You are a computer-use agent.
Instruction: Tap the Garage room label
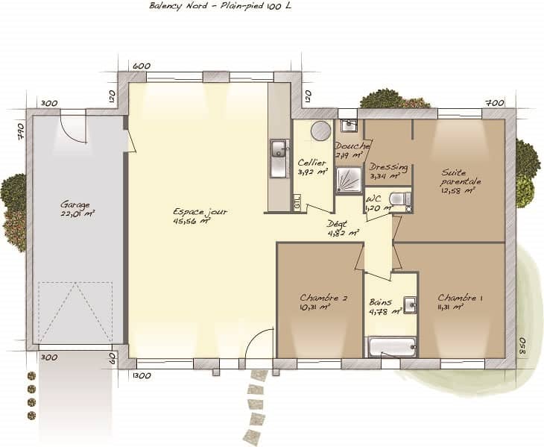[x=76, y=204]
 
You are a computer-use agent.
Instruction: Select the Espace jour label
[x=200, y=212]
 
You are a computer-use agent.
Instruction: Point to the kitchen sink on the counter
[x=279, y=158]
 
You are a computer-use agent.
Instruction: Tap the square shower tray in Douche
[x=348, y=180]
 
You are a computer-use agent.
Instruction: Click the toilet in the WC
[x=399, y=200]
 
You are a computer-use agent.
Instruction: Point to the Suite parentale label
[x=461, y=177]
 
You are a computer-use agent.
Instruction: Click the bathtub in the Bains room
[x=392, y=347]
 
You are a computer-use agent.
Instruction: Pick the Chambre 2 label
[x=323, y=298]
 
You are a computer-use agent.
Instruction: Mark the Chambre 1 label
[x=460, y=298]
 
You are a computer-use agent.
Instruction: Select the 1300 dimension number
[x=142, y=376]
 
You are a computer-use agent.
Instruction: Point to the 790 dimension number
[x=22, y=131]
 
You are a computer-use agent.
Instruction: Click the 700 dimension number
[x=494, y=103]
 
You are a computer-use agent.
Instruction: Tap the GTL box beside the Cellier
[x=297, y=202]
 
